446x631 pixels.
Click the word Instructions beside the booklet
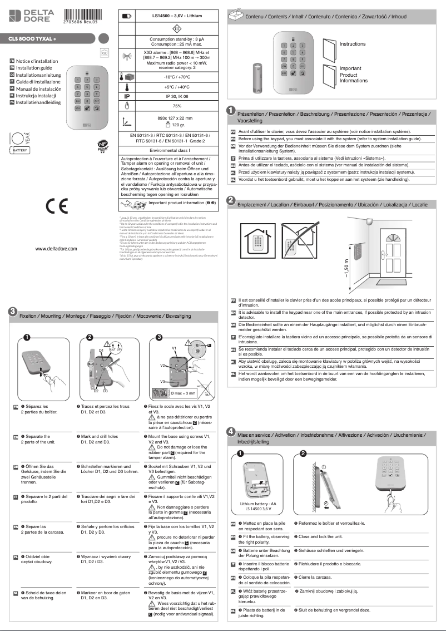point(353,44)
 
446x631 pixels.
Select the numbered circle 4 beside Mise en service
point(230,432)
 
